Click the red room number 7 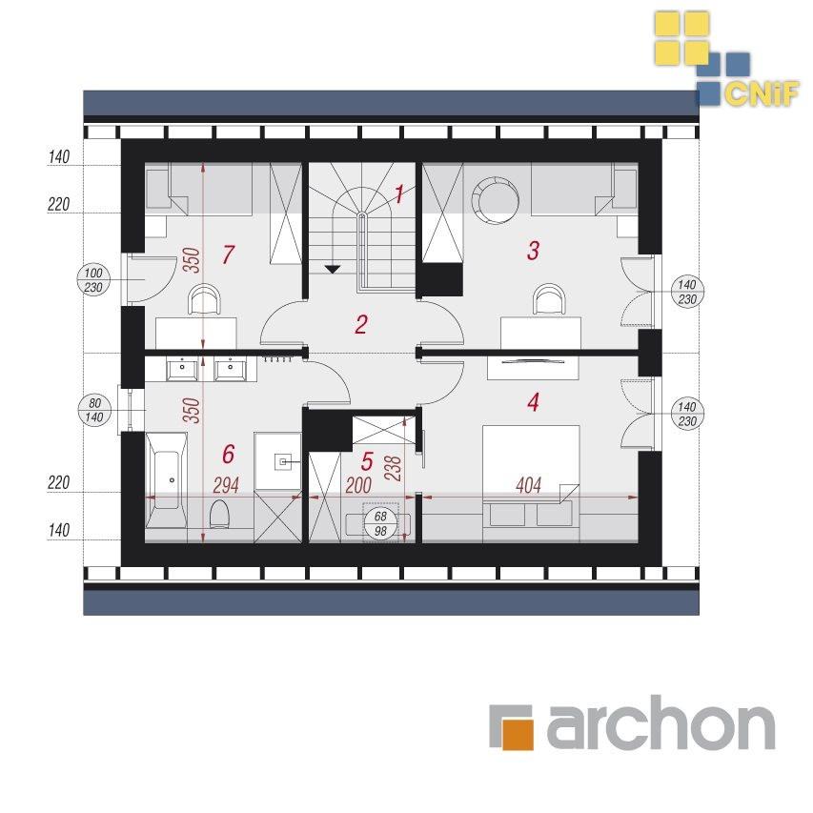pyautogui.click(x=228, y=254)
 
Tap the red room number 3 pyautogui.click(x=533, y=251)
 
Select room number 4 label pyautogui.click(x=533, y=402)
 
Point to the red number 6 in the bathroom pyautogui.click(x=228, y=454)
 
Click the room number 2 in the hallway pyautogui.click(x=361, y=324)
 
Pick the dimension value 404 pyautogui.click(x=528, y=485)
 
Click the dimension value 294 pyautogui.click(x=226, y=485)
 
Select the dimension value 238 pyautogui.click(x=394, y=468)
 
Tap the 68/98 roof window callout pyautogui.click(x=380, y=523)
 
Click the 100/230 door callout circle pyautogui.click(x=93, y=280)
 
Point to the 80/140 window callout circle pyautogui.click(x=94, y=410)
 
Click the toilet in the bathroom pyautogui.click(x=220, y=515)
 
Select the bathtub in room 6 pyautogui.click(x=167, y=481)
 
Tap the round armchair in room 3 pyautogui.click(x=496, y=200)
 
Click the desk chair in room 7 pyautogui.click(x=204, y=299)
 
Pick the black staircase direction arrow pyautogui.click(x=333, y=269)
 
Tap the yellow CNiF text pyautogui.click(x=762, y=94)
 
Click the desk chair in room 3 pyautogui.click(x=550, y=299)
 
